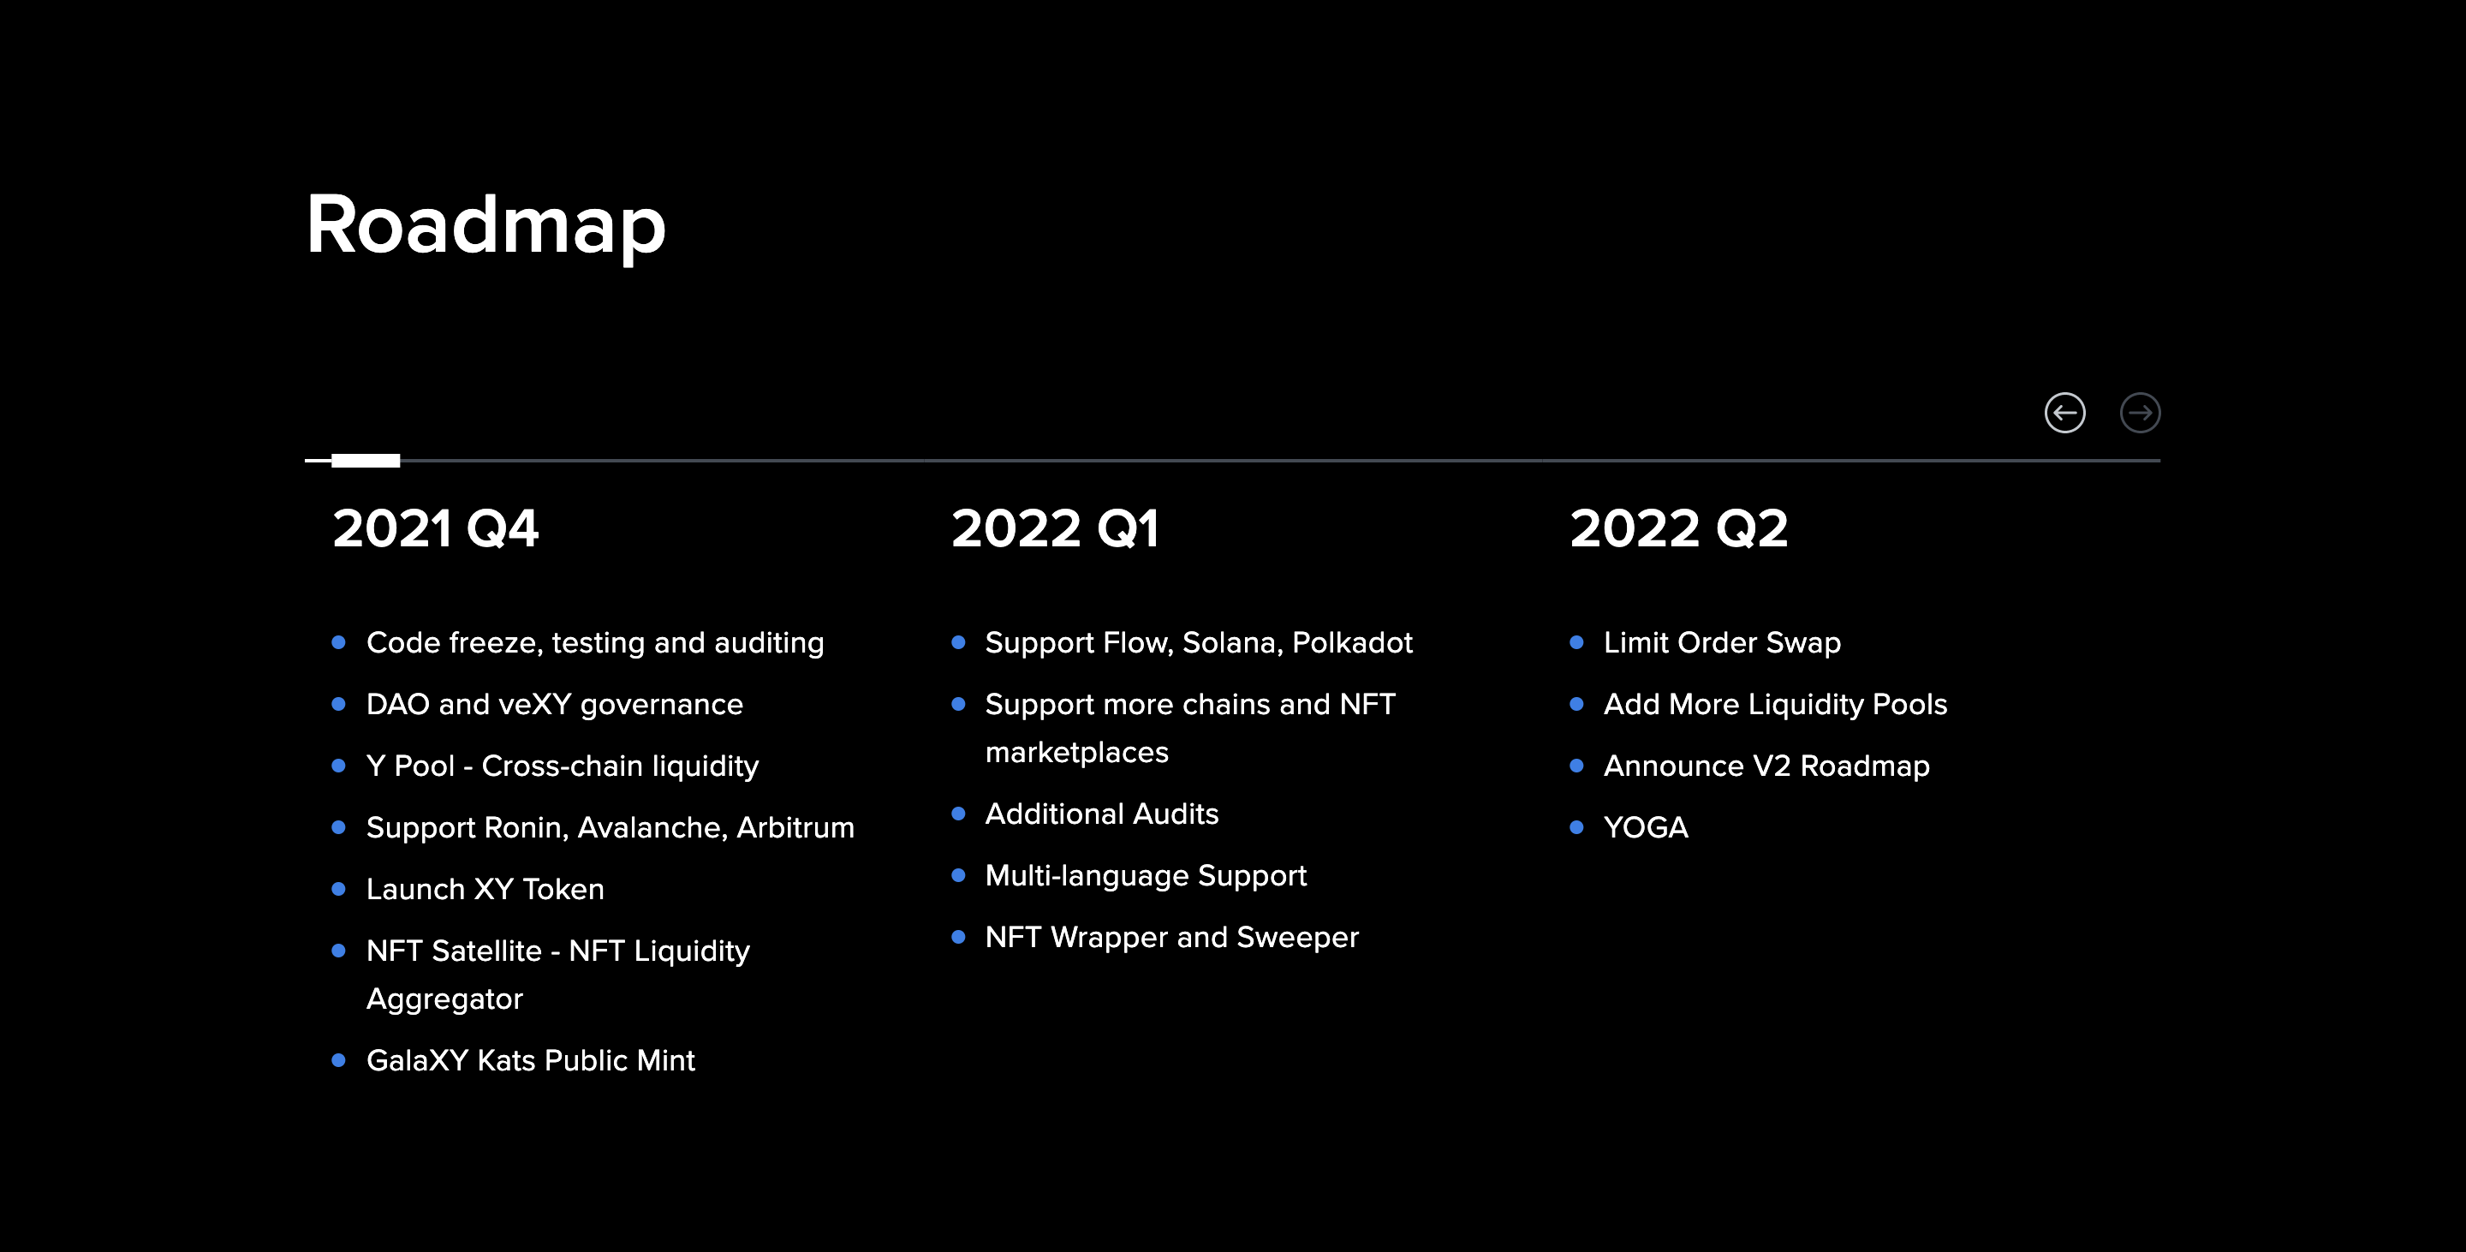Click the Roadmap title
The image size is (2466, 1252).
[485, 225]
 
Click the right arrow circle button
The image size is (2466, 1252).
[2140, 414]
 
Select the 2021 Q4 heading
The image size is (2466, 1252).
[436, 528]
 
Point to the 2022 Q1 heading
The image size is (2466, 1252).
[1055, 528]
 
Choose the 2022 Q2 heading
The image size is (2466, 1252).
[1678, 528]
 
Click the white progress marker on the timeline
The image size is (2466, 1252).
[365, 461]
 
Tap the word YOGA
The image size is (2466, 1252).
[1646, 827]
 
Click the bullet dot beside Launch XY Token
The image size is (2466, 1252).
[338, 889]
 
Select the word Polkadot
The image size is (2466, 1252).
[1352, 642]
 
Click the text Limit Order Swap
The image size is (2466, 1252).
[1721, 642]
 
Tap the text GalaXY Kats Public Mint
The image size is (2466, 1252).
[530, 1060]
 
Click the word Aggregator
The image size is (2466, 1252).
[444, 999]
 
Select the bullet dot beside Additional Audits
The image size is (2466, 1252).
[957, 814]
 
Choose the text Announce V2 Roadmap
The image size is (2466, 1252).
[1766, 766]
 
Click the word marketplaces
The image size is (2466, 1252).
[1076, 753]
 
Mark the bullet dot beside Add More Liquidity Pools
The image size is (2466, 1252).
[1576, 705]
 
